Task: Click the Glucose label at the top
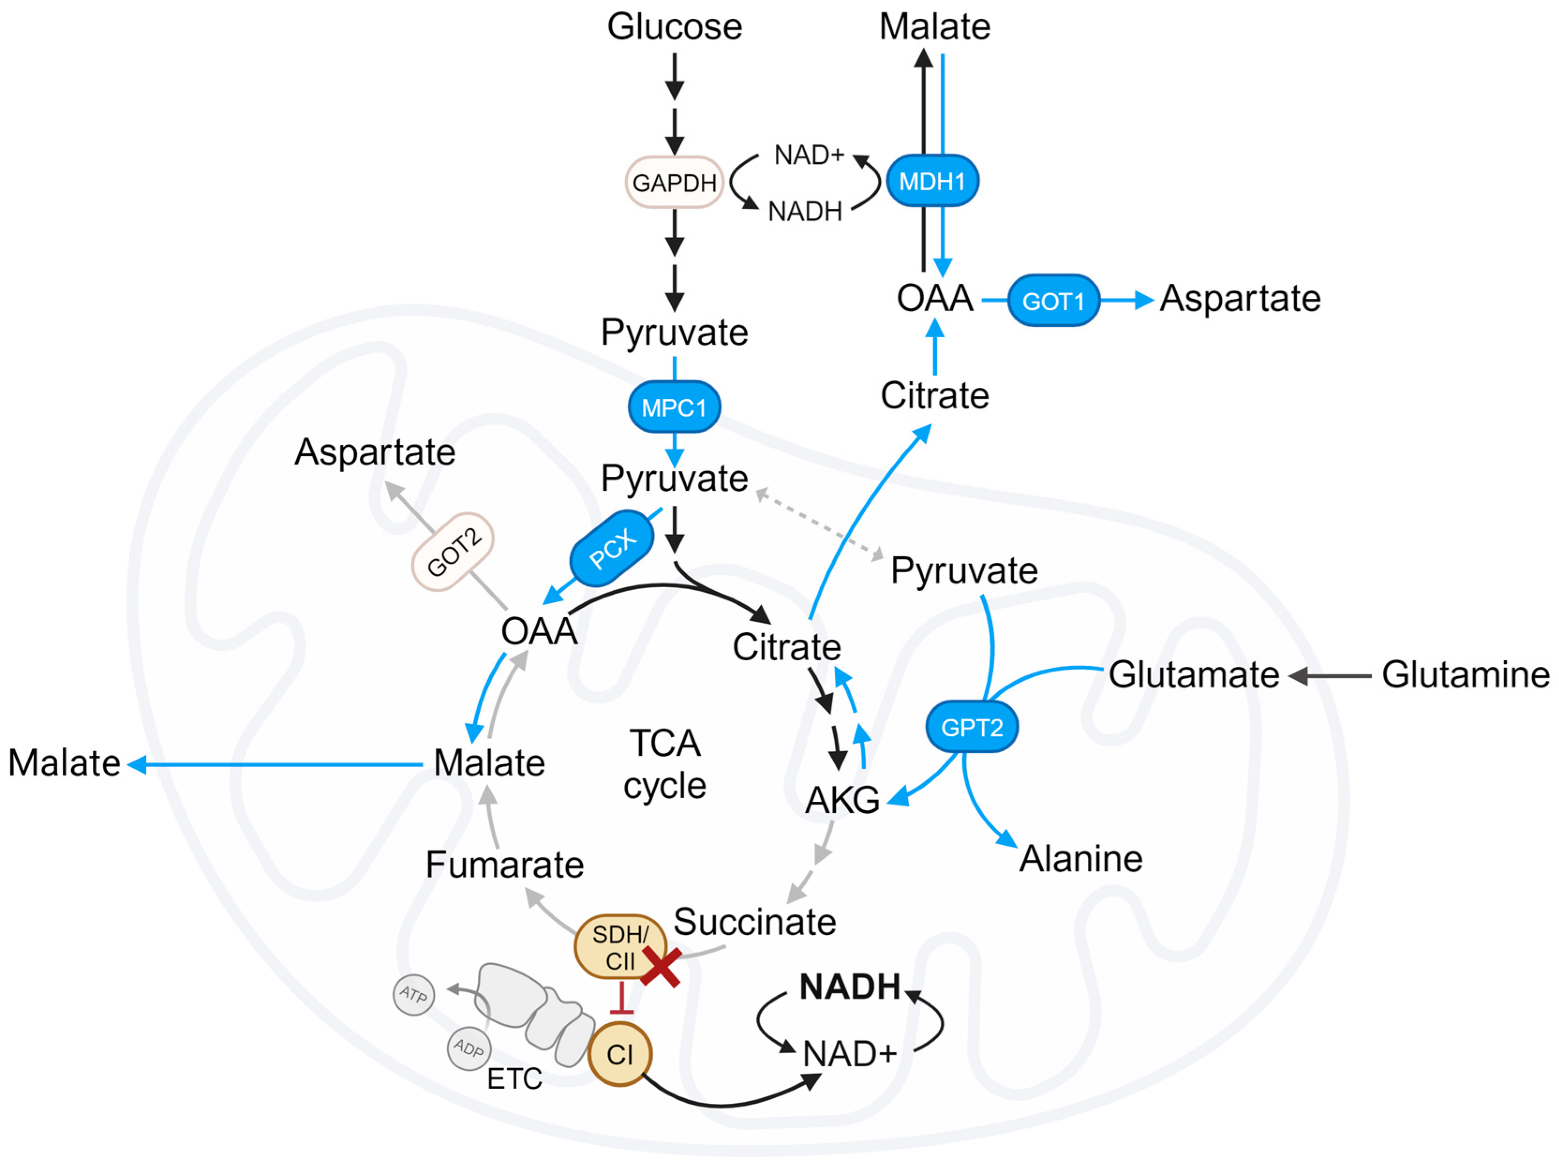click(675, 27)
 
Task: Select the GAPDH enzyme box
click(675, 183)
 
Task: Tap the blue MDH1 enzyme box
click(932, 181)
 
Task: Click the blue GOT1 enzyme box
click(1053, 301)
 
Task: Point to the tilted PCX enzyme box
click(612, 548)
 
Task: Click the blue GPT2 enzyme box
click(972, 726)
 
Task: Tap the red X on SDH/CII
click(661, 968)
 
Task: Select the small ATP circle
click(414, 994)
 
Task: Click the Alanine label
click(1080, 858)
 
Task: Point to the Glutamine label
click(1465, 674)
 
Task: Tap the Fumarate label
click(505, 864)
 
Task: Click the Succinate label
click(755, 922)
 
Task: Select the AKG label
click(842, 800)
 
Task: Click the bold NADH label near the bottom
click(850, 987)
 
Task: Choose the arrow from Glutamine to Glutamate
click(1330, 676)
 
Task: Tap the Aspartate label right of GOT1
click(1240, 298)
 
